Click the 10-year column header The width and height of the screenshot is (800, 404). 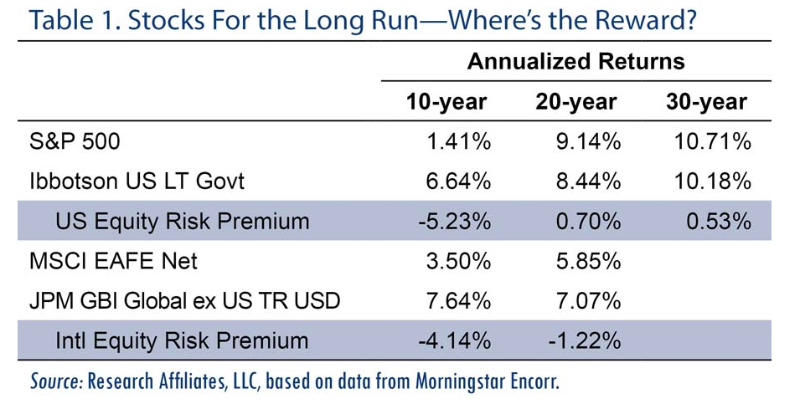(x=446, y=102)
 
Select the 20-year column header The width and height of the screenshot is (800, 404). (x=576, y=102)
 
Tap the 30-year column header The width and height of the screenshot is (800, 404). (x=707, y=102)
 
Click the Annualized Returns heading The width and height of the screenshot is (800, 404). (x=576, y=61)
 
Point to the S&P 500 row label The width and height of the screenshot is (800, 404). (x=75, y=141)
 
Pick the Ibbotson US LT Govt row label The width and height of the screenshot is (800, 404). (x=137, y=182)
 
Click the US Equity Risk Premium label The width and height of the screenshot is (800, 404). (x=182, y=222)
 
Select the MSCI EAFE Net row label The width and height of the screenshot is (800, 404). (x=113, y=261)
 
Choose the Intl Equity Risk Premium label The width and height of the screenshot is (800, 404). (x=182, y=340)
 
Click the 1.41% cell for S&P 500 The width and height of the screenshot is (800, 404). (x=459, y=141)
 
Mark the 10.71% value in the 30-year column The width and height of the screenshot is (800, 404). (x=713, y=141)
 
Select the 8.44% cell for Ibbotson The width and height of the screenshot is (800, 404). (x=588, y=182)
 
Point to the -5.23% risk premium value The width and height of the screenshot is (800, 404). (x=454, y=222)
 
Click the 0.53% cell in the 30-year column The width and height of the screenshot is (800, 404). (x=719, y=222)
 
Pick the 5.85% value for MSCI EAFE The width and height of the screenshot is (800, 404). (x=588, y=261)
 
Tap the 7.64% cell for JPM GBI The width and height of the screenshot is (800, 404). (x=459, y=301)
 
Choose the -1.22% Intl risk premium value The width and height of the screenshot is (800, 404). (x=585, y=340)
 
